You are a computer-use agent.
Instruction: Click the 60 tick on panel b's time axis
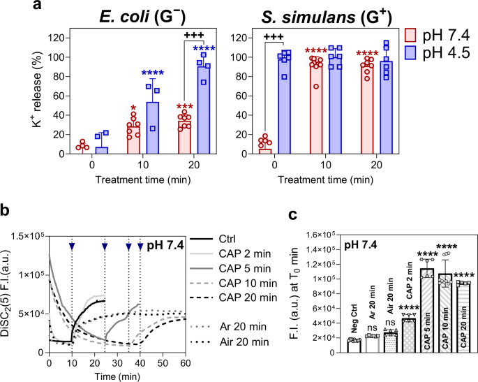[x=185, y=365]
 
